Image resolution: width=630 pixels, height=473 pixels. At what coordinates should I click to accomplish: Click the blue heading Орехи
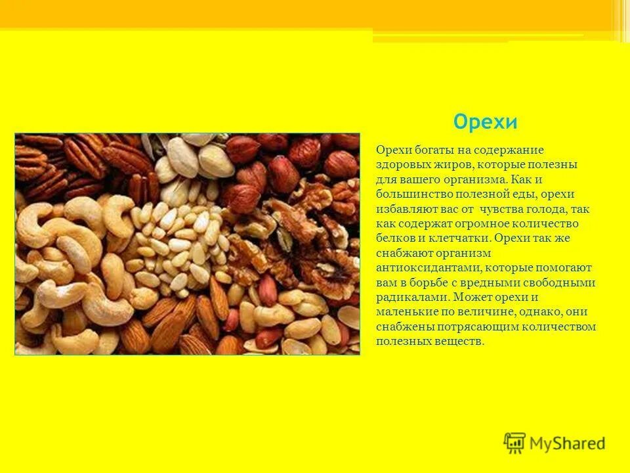pos(486,122)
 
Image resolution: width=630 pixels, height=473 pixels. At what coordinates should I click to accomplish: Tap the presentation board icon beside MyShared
pos(514,443)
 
